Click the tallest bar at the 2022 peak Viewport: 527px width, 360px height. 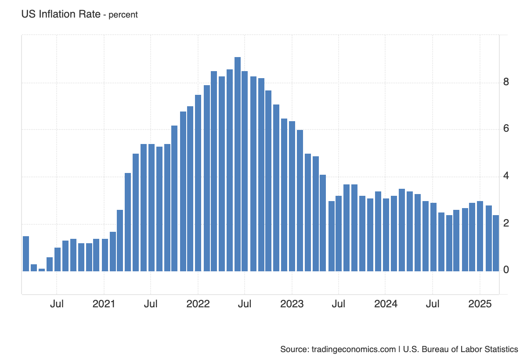(238, 164)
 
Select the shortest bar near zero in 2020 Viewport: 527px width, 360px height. (42, 270)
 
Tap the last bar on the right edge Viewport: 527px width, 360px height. (496, 243)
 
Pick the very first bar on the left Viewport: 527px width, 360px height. (26, 253)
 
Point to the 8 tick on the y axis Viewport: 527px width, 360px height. (506, 82)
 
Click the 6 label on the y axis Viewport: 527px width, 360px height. (506, 128)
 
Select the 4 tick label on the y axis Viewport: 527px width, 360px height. (506, 176)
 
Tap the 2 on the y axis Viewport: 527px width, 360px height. (506, 223)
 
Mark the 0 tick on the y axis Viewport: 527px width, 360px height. (506, 270)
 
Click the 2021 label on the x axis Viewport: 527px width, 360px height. (104, 304)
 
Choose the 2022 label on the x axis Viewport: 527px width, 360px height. (198, 304)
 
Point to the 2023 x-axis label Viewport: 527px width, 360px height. (292, 304)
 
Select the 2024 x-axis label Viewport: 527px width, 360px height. (386, 304)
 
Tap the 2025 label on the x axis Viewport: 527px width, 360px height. (480, 304)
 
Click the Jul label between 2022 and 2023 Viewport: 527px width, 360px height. (245, 304)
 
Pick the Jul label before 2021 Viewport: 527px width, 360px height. (57, 304)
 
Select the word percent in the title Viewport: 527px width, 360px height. (123, 15)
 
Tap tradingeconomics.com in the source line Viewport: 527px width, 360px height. (354, 349)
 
